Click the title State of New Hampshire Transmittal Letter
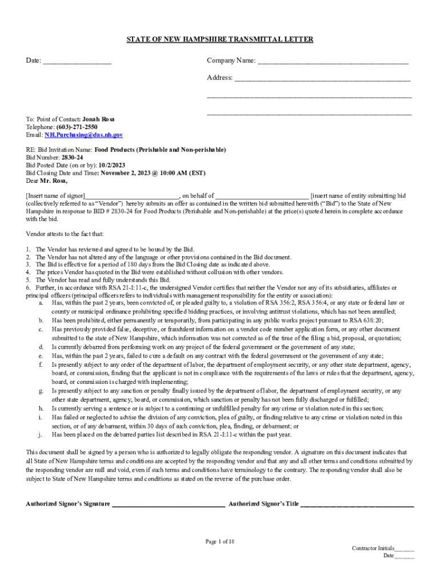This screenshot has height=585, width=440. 219,39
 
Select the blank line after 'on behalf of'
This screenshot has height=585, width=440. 262,196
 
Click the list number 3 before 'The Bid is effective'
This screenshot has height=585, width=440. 28,265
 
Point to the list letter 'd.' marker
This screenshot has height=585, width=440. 41,347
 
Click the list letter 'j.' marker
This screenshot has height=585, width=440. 41,434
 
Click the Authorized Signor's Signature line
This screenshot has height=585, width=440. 168,504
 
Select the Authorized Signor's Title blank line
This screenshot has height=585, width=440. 357,504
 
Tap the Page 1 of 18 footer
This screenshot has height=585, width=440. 220,541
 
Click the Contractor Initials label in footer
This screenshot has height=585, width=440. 373,548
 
